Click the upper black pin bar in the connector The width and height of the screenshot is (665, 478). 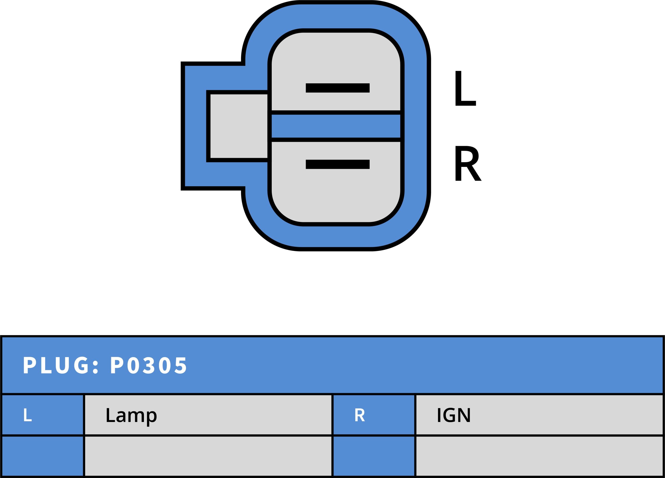tap(337, 88)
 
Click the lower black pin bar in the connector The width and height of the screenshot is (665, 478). tap(337, 164)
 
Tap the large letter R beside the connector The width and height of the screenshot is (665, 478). tap(467, 163)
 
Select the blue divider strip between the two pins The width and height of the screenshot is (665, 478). tap(336, 126)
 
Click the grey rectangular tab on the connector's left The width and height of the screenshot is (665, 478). tap(239, 126)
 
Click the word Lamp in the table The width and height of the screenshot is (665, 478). tap(131, 415)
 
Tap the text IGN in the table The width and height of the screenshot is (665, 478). tap(454, 415)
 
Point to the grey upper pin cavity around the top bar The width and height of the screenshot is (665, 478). tap(336, 59)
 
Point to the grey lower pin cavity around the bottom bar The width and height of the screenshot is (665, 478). tap(336, 196)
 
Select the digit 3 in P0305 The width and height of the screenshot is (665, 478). tap(149, 366)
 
